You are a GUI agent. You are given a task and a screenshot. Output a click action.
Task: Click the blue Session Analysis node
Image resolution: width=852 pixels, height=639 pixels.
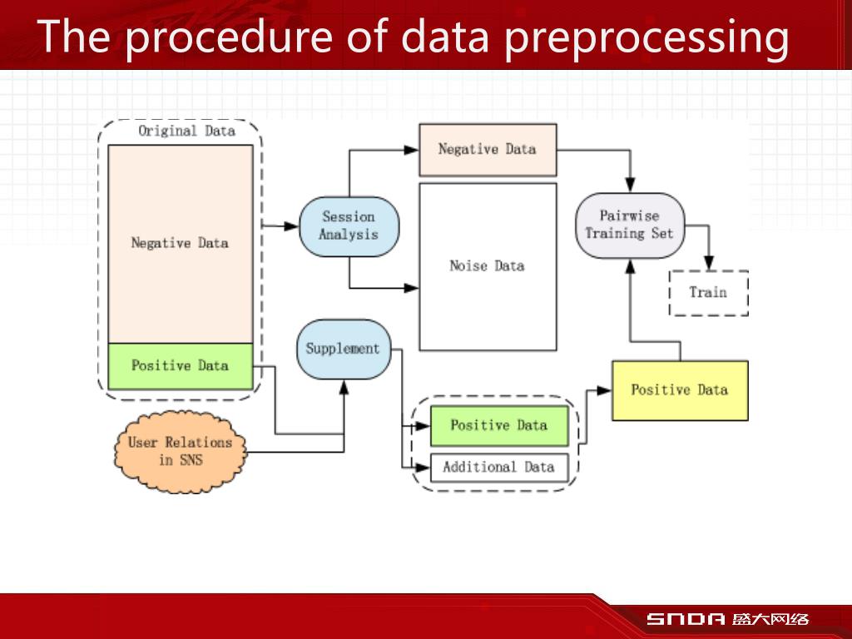[x=349, y=225]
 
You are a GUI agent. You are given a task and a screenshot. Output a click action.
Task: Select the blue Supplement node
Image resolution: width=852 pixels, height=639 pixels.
[x=343, y=349]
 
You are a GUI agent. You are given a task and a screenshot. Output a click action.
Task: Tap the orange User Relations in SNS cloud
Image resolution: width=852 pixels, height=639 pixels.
[x=180, y=451]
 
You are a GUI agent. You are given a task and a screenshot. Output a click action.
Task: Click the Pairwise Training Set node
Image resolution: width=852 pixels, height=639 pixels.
[x=630, y=225]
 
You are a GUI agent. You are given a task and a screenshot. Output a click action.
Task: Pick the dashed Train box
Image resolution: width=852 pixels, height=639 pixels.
[x=708, y=293]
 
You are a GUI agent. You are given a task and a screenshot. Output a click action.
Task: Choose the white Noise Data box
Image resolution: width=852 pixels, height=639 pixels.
[x=488, y=266]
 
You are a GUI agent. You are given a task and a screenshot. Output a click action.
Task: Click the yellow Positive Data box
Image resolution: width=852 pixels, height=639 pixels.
[x=680, y=389]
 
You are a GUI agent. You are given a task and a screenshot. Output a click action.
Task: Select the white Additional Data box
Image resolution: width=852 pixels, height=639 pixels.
[x=498, y=467]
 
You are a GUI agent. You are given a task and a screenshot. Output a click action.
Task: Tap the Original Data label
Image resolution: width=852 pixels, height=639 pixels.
[x=186, y=131]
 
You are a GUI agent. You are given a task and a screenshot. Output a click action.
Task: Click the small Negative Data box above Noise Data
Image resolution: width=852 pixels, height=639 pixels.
[x=488, y=150]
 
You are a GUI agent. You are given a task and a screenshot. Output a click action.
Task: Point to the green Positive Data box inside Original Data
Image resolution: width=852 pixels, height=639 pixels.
[x=180, y=366]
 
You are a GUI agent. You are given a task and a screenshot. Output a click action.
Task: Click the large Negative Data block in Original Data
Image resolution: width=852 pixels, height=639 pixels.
[x=180, y=243]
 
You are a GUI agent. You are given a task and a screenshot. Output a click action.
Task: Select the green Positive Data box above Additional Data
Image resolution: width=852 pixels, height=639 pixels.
[x=498, y=425]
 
